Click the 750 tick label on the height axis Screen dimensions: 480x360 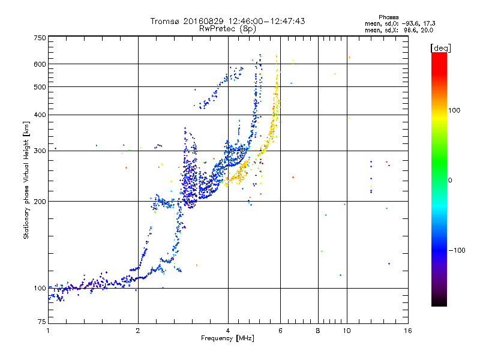[x=40, y=38]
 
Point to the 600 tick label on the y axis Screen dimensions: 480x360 [x=40, y=64]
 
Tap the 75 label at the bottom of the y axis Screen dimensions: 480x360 [x=42, y=322]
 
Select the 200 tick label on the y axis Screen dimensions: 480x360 [x=40, y=202]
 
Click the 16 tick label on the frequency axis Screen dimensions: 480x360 [x=408, y=331]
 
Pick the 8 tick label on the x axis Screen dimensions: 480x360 [x=318, y=331]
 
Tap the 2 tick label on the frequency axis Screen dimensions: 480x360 [x=138, y=331]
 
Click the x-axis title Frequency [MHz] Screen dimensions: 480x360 [x=227, y=338]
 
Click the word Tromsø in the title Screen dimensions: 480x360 [x=166, y=21]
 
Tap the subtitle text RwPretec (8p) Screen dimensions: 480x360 [x=227, y=29]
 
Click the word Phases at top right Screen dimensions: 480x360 [x=388, y=17]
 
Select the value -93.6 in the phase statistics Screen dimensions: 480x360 [x=410, y=23]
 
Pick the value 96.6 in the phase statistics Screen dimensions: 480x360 [x=410, y=30]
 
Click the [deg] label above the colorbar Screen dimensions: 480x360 [x=440, y=48]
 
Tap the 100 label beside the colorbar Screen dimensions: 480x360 [x=454, y=110]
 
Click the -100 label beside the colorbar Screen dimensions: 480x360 [x=457, y=250]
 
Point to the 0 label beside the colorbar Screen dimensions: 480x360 [x=450, y=181]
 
